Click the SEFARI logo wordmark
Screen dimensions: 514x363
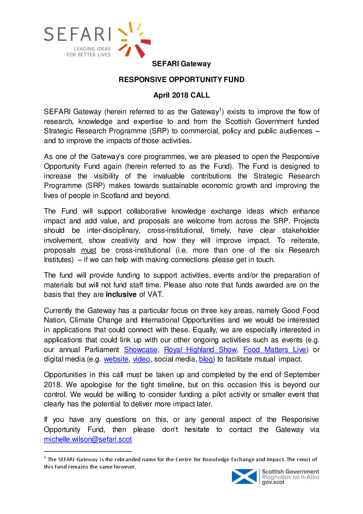pos(78,34)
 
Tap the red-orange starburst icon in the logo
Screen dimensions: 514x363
pos(134,40)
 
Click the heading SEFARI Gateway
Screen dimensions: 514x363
pos(181,64)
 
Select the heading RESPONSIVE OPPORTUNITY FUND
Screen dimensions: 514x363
pos(181,80)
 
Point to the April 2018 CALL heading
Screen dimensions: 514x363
pos(181,95)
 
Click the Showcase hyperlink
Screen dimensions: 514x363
pos(141,350)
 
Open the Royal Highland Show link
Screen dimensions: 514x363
pos(200,350)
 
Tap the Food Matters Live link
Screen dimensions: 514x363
pos(274,350)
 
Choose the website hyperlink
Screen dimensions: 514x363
pos(116,359)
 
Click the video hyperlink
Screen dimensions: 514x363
pos(141,359)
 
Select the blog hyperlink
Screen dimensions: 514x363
pos(206,359)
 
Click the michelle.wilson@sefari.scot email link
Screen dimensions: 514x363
pos(88,439)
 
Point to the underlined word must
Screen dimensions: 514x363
pos(88,250)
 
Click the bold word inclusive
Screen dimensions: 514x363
pos(121,294)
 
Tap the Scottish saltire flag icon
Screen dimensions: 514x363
pos(244,477)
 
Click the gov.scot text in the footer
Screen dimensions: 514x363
pos(273,482)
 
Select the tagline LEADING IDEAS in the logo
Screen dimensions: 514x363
pos(92,49)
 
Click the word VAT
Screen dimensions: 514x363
pos(155,294)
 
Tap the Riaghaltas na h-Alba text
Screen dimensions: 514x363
pos(290,477)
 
